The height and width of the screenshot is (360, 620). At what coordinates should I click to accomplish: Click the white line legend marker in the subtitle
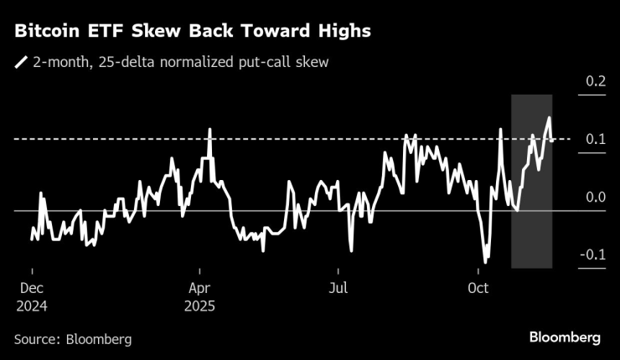21,62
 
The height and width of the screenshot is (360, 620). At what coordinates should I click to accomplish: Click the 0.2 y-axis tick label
595,81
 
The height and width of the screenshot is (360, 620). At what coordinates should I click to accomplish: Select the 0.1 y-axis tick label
595,139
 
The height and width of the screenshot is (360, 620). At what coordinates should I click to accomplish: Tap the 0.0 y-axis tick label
595,197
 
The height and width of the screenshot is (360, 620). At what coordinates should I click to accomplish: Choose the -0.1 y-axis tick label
592,255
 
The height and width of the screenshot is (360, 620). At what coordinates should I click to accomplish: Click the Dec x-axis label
32,289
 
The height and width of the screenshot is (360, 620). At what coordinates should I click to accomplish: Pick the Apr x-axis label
200,289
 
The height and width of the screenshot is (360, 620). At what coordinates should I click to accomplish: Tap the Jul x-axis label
338,289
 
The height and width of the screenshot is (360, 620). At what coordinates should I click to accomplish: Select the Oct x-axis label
478,289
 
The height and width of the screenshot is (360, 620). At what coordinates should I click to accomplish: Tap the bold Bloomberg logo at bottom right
565,337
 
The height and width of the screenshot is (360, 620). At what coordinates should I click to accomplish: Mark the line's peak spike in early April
209,129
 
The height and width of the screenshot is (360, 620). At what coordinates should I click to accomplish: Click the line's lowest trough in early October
485,262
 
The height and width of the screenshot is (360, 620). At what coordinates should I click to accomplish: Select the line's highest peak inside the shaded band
549,117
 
